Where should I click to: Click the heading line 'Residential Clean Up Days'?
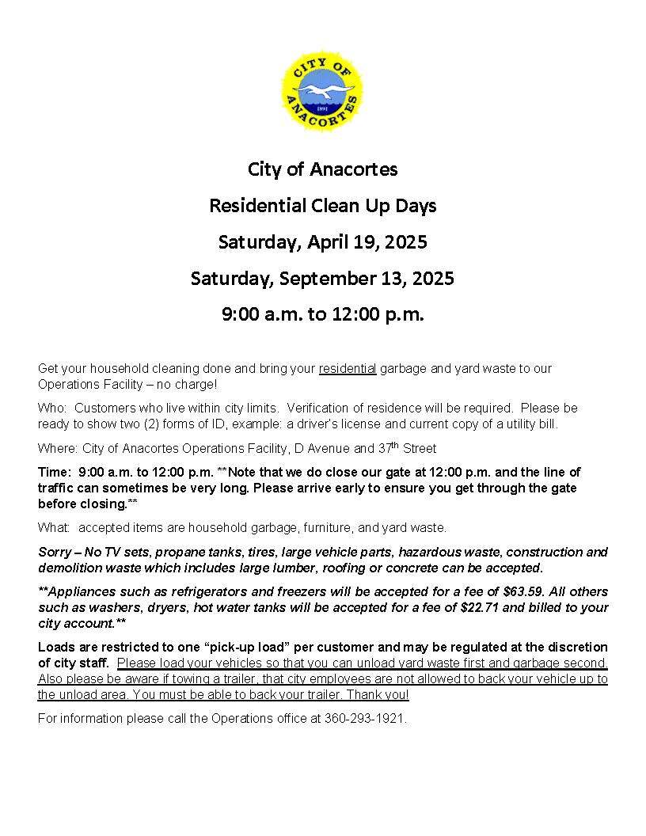tap(322, 206)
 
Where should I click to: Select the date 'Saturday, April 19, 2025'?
tap(322, 241)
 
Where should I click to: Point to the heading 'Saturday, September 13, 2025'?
tap(322, 278)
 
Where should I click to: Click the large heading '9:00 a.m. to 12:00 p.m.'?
tap(322, 314)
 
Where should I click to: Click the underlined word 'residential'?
tap(348, 368)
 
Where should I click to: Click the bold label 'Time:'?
tap(55, 472)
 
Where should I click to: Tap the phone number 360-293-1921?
tap(365, 719)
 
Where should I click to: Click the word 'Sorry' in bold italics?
tap(55, 552)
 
